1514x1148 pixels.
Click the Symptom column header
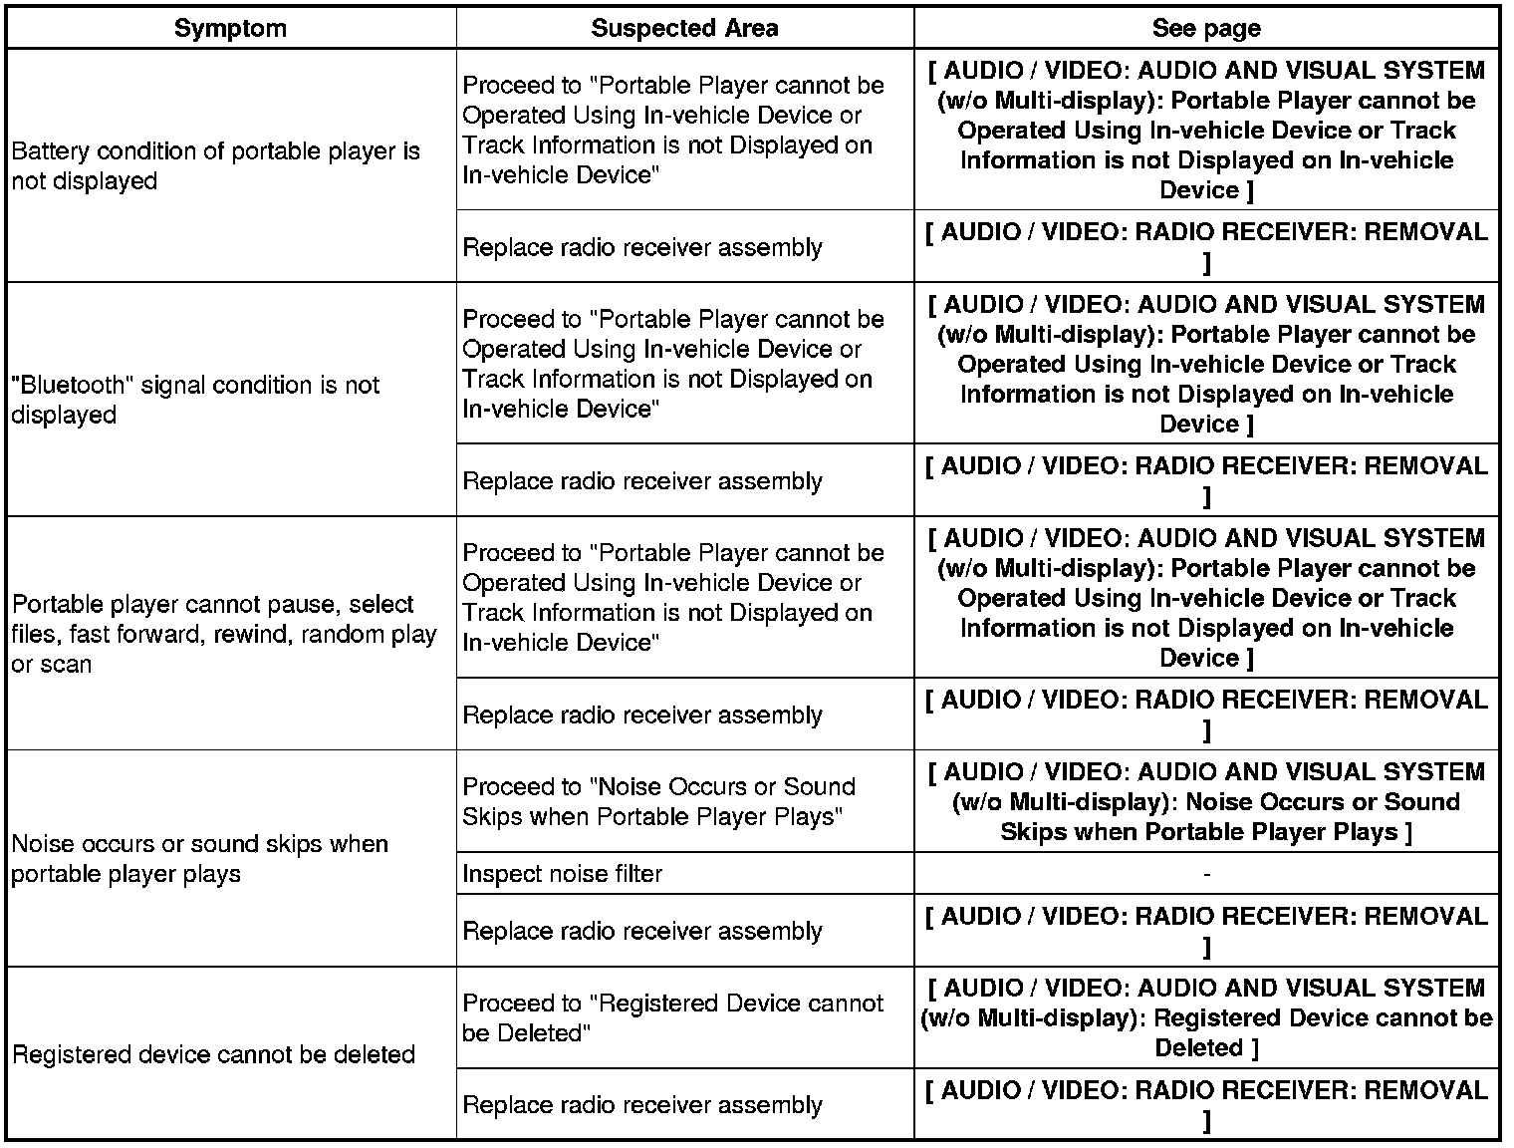coord(230,28)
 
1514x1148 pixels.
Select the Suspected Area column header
coord(684,28)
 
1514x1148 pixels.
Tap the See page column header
coord(1205,28)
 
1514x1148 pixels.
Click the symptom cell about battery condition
coord(215,166)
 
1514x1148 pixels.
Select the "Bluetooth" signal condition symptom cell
coord(195,400)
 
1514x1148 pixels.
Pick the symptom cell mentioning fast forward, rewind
coord(224,634)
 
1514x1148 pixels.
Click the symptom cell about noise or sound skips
coord(199,858)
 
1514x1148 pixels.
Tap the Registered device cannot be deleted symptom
coord(213,1054)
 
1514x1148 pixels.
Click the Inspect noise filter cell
coord(563,874)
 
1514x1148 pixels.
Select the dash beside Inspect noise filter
coord(1206,874)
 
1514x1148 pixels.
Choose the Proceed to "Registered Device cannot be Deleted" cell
coord(672,1017)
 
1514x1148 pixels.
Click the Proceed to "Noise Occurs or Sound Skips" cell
coord(658,801)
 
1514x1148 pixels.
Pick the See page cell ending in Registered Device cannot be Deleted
coord(1206,1017)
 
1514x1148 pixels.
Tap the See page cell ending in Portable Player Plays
coord(1206,801)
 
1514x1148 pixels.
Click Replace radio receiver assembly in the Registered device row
coord(642,1105)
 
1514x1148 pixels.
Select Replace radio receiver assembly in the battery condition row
coord(642,247)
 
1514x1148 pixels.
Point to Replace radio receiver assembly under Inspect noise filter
coord(642,931)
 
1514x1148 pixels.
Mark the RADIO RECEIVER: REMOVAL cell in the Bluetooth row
coord(1206,480)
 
